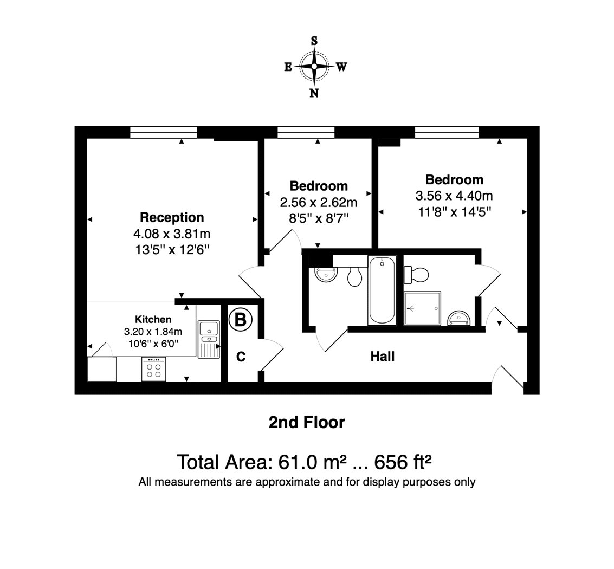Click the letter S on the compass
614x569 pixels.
314,41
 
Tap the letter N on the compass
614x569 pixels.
314,93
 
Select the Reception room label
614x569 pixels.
172,217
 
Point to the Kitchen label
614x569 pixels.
153,319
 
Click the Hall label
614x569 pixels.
383,357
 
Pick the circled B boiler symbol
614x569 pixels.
240,320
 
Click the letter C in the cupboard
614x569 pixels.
241,357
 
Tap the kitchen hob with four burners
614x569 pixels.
153,369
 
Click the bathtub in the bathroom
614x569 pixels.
382,290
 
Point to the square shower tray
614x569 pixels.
423,308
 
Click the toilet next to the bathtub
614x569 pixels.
355,276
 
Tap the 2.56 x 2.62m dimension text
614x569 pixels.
318,203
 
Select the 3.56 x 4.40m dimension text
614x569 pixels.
454,196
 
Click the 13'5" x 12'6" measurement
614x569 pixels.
172,249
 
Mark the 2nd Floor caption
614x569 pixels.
307,422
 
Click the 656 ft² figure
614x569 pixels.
403,462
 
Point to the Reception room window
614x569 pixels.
164,132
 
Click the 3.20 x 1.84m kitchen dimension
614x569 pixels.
153,332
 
